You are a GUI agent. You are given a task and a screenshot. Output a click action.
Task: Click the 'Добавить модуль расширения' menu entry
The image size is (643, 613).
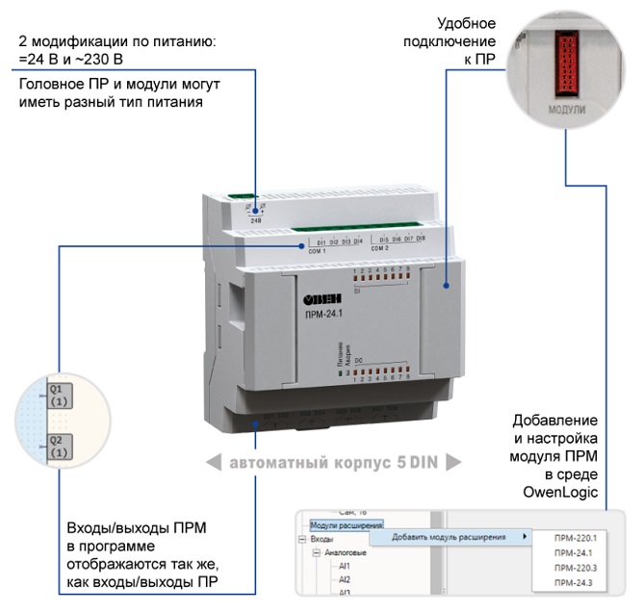(450, 537)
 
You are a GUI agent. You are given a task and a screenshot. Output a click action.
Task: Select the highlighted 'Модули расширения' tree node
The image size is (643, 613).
(347, 525)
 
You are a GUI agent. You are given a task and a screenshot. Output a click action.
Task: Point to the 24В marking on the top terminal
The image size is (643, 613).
(256, 220)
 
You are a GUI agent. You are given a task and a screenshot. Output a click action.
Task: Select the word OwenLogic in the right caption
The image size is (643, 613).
(566, 493)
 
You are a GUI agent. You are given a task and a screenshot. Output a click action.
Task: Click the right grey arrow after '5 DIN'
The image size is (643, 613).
(452, 463)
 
